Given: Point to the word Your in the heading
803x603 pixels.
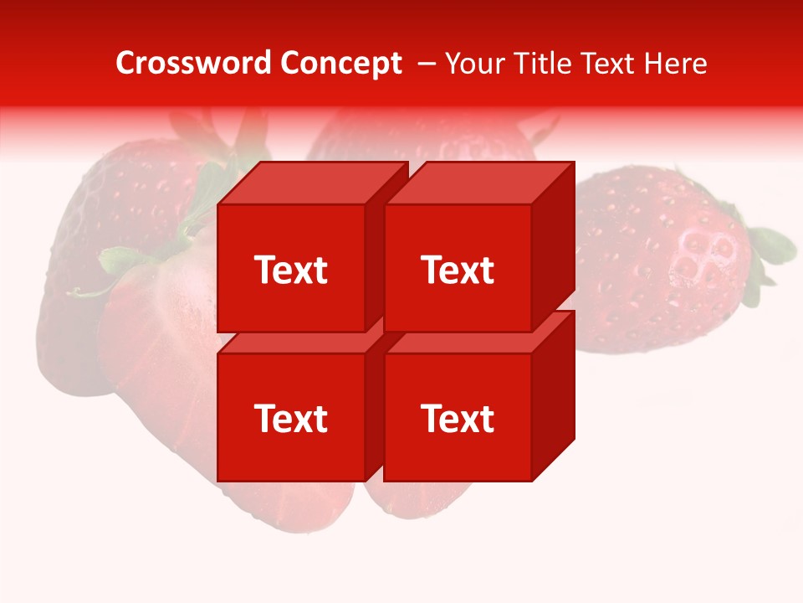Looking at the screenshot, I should (x=476, y=64).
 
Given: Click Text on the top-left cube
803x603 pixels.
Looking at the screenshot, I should (x=290, y=271).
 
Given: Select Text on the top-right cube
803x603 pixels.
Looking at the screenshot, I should (x=458, y=271).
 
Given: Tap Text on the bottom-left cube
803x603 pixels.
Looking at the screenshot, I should (x=290, y=419).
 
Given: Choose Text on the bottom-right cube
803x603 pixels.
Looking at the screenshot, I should (x=458, y=419).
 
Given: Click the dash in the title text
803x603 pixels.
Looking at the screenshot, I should (x=425, y=64).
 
